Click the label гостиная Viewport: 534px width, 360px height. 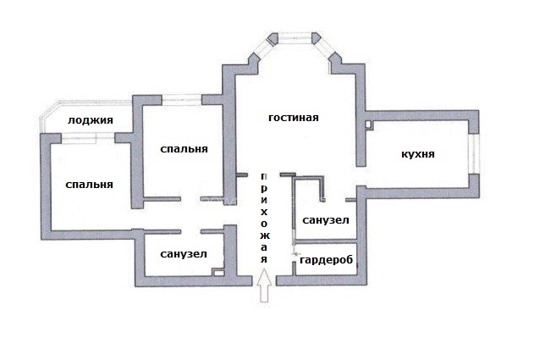click(293, 118)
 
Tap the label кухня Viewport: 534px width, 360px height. click(418, 154)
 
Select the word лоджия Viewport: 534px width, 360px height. click(91, 120)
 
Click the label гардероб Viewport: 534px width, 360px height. click(327, 260)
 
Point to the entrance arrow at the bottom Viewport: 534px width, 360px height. click(265, 285)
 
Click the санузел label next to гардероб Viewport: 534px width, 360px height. click(326, 220)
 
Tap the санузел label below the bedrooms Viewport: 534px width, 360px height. click(184, 254)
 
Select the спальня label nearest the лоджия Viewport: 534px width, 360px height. click(89, 185)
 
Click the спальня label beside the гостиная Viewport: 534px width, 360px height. click(184, 149)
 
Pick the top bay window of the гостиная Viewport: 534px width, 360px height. click(295, 38)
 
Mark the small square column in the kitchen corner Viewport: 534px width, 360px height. click(369, 125)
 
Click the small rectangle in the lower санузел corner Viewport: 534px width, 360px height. click(218, 272)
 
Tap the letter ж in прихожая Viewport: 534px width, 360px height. click(265, 235)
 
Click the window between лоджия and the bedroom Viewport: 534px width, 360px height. click(88, 137)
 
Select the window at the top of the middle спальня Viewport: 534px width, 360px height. click(182, 100)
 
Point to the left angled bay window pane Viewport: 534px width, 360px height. click(264, 49)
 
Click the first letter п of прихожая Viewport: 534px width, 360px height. click(265, 177)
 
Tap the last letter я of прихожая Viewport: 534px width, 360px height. click(264, 259)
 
